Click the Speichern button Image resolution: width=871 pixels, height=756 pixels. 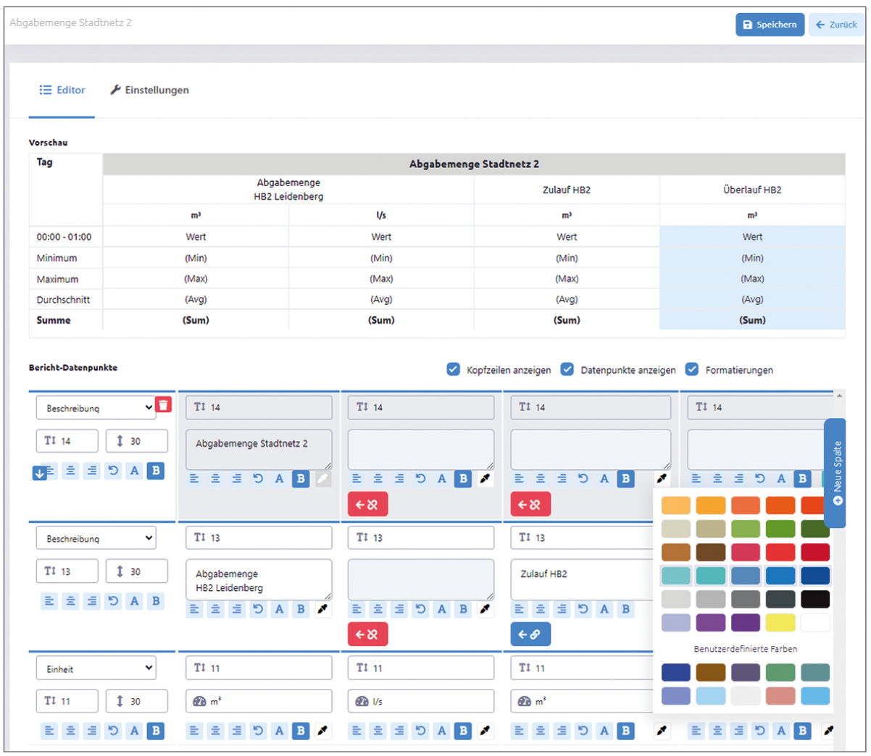(x=770, y=25)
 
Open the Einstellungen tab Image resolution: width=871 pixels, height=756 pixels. (x=149, y=91)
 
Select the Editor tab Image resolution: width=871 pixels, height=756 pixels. (x=62, y=91)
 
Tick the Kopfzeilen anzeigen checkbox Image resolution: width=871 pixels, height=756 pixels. (x=453, y=369)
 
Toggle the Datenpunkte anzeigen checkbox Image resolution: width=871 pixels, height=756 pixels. (x=567, y=369)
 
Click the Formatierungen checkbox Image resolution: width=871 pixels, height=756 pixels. (x=692, y=369)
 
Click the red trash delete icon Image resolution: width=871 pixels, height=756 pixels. (x=163, y=405)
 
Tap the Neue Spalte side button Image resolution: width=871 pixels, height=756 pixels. (x=835, y=473)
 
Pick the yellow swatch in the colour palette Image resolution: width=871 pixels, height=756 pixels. (x=780, y=623)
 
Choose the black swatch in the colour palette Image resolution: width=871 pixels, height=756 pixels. (x=814, y=599)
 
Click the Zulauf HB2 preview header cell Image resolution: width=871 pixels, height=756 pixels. (x=567, y=190)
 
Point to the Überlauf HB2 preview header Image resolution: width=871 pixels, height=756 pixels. (x=752, y=190)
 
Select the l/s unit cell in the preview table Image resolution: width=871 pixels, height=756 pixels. (x=381, y=215)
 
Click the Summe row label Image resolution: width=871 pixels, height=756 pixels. (x=54, y=320)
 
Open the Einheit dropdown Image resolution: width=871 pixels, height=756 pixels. (x=96, y=668)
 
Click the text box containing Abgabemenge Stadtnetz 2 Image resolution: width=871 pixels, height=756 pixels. (x=259, y=449)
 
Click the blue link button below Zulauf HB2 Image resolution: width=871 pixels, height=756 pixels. (x=530, y=634)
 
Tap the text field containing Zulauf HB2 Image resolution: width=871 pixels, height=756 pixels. (x=582, y=579)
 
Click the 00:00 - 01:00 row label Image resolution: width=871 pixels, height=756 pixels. (x=64, y=237)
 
